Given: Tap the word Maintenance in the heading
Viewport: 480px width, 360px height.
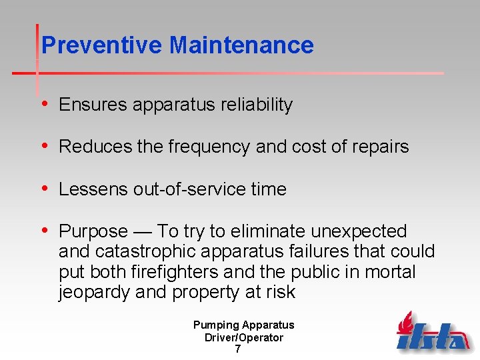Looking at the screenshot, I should (241, 45).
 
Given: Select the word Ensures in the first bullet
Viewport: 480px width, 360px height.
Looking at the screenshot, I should (93, 105).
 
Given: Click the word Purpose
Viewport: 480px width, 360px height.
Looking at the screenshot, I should (93, 231).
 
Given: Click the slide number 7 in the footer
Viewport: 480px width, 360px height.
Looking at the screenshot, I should (238, 349).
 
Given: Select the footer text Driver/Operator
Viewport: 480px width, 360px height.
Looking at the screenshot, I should (243, 337).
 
